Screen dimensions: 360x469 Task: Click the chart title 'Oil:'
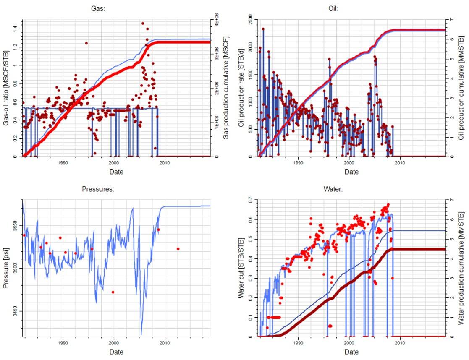(351, 8)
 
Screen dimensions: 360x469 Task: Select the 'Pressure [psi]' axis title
(6, 269)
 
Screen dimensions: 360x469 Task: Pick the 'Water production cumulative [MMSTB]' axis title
(461, 269)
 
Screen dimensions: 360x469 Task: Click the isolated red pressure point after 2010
(178, 249)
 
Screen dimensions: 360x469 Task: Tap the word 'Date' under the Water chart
(351, 351)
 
